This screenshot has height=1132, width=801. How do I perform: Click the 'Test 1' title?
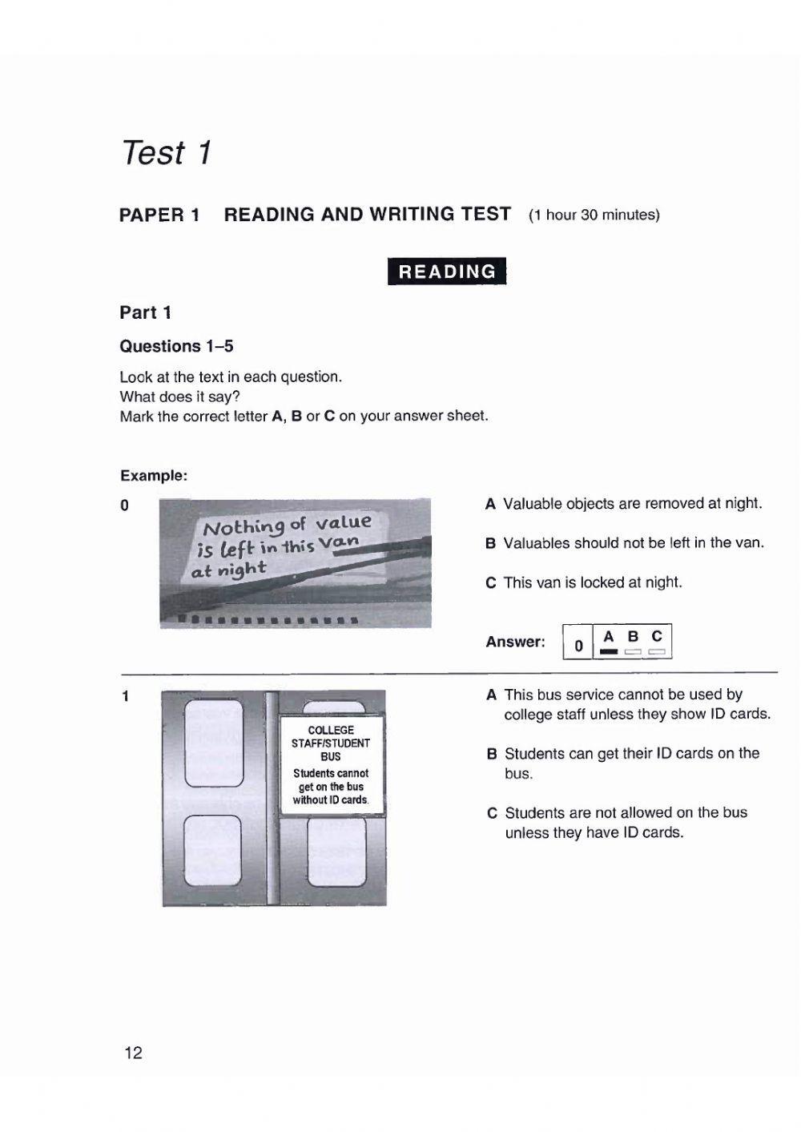point(166,152)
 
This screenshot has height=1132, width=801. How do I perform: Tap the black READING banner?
point(447,272)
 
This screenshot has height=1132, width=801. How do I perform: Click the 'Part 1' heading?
point(146,312)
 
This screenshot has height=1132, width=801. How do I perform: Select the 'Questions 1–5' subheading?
point(176,346)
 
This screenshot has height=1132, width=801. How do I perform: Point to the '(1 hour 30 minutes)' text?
point(594,216)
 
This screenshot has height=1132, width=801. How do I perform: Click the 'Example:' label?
point(154,475)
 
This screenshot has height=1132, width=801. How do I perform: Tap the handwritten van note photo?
point(295,562)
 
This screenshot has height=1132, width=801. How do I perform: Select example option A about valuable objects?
point(624,504)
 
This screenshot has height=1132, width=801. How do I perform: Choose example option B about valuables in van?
point(625,543)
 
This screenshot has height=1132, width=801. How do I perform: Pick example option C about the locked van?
point(584,582)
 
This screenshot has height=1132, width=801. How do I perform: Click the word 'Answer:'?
point(515,642)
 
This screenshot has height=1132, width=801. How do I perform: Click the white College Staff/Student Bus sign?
point(332,764)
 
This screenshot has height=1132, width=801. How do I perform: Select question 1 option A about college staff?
point(629,704)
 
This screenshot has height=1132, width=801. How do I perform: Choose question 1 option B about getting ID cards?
point(623,763)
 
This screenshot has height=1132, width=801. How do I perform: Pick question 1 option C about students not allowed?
point(617,822)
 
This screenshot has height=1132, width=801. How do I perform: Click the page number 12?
point(133,1053)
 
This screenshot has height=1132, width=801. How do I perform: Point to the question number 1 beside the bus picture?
point(125,696)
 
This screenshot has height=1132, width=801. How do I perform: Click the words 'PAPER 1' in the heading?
point(159,215)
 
